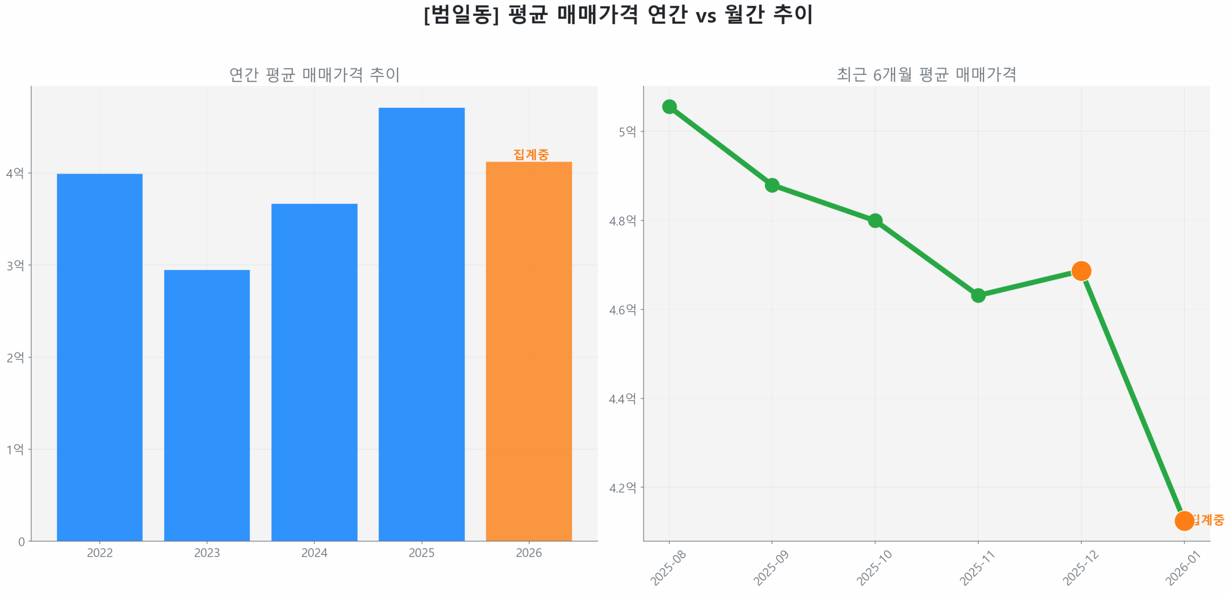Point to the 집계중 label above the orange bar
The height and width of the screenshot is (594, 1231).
(531, 154)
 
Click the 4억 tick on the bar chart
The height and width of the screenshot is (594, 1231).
(15, 173)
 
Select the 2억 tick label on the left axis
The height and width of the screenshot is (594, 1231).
(15, 357)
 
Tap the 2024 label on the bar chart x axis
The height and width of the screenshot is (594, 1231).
(314, 553)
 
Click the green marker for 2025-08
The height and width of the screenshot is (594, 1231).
(669, 107)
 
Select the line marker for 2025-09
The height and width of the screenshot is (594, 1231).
(772, 185)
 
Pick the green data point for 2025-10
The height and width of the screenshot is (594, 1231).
(875, 221)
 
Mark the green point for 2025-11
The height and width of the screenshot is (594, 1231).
(978, 295)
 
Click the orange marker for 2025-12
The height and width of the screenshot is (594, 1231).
(1081, 271)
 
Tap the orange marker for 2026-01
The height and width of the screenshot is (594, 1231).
(1184, 520)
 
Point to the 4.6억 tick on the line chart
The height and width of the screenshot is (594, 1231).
(622, 310)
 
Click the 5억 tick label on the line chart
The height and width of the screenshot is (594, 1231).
(627, 131)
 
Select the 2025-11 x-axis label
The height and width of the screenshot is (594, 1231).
(977, 568)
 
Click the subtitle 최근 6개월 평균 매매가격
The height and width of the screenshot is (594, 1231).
(926, 75)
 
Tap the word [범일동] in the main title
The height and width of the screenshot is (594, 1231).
(461, 14)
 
